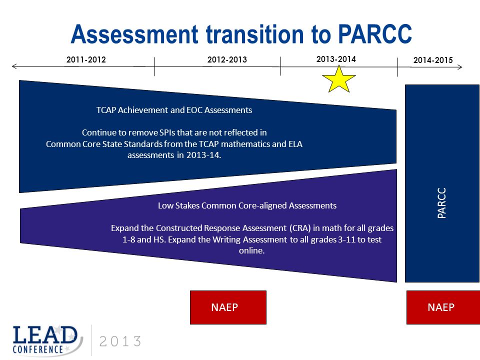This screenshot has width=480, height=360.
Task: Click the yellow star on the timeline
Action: [339, 79]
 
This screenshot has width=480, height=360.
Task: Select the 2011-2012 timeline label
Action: [86, 59]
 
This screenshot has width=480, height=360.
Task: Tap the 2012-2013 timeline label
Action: [227, 59]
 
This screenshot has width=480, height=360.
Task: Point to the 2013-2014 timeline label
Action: [336, 59]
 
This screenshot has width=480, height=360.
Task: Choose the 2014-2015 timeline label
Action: [433, 60]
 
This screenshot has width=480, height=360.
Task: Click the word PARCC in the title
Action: [375, 34]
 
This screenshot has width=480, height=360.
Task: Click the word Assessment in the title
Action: [134, 34]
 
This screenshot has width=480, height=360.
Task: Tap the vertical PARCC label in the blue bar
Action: [441, 202]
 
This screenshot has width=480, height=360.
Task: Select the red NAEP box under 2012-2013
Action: [228, 307]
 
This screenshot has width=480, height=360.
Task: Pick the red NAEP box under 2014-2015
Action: [443, 307]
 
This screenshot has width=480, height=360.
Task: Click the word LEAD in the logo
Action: [45, 335]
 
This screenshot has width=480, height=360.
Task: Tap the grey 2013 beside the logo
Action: [120, 341]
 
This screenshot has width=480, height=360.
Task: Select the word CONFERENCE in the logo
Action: [37, 349]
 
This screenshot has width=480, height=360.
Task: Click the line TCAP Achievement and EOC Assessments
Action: [174, 110]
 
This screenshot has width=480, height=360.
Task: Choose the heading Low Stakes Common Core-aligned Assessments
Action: [247, 205]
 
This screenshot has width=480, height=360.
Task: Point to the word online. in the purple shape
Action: [251, 250]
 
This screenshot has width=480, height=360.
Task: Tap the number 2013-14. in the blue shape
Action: [203, 155]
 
